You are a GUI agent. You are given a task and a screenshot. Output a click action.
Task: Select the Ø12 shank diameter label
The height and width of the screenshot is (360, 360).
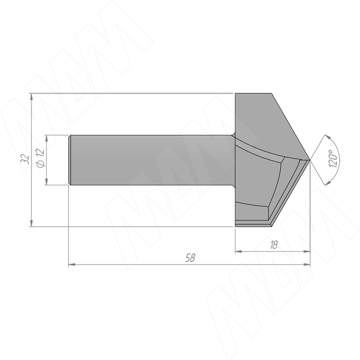40,158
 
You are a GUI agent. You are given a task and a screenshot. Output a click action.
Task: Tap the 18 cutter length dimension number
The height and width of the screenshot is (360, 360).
274,245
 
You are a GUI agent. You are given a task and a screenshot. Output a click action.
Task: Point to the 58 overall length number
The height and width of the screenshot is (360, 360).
190,258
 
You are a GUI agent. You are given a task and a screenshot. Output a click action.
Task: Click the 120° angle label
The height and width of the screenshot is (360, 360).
333,158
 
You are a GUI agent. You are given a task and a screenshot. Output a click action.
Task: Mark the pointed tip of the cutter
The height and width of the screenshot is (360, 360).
310,160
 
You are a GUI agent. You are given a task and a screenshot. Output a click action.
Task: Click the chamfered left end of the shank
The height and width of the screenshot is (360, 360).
70,160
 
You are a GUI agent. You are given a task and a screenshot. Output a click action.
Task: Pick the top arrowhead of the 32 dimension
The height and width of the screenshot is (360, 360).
31,96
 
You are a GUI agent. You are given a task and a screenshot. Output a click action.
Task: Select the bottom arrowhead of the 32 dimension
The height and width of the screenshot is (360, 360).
31,224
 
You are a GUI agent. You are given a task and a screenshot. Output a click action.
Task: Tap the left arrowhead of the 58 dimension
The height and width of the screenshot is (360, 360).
72,265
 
